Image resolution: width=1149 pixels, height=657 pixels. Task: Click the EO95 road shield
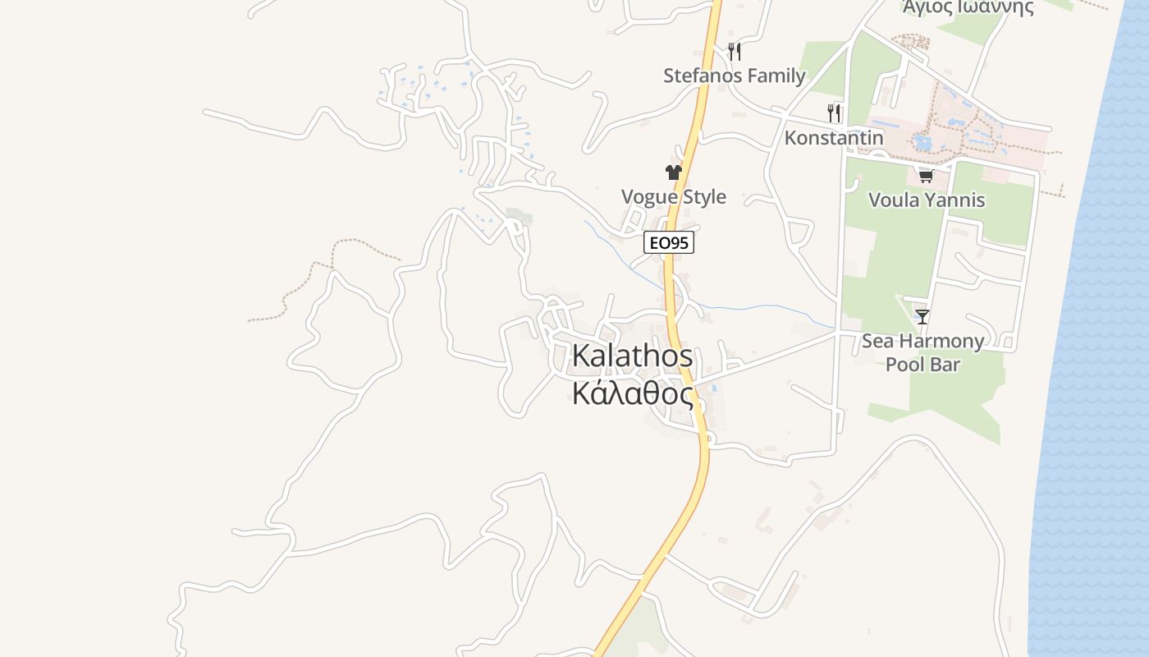[x=669, y=242]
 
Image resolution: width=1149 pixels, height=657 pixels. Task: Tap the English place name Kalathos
[x=632, y=356]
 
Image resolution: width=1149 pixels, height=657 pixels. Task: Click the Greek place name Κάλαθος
[x=632, y=393]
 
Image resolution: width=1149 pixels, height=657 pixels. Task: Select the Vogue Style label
[x=673, y=196]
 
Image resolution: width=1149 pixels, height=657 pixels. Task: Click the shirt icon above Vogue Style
[x=673, y=172]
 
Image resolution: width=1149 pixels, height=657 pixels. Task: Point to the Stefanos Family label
[x=734, y=76]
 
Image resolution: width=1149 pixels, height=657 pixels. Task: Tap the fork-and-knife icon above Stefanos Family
[x=734, y=51]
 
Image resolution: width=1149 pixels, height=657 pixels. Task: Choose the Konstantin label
[x=834, y=137]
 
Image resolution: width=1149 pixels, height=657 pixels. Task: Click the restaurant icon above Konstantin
[x=834, y=113]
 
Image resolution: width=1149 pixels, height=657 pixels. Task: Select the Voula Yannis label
[x=926, y=200]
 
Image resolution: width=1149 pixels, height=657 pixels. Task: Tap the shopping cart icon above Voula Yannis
[x=926, y=175]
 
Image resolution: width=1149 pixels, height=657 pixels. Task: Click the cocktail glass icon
[x=922, y=316]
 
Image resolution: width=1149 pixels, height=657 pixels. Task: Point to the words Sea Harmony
[x=922, y=341]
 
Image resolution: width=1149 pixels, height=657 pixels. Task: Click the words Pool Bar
[x=922, y=364]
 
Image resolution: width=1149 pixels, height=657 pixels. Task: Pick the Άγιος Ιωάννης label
[x=968, y=8]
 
